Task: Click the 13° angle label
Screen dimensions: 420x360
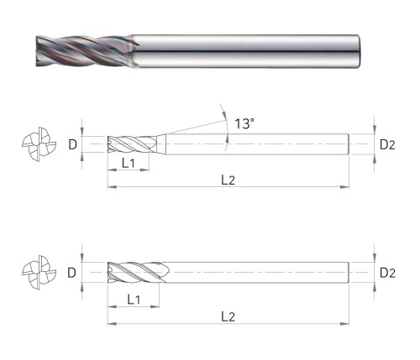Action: (x=244, y=123)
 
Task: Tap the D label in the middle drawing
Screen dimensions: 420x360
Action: (x=72, y=144)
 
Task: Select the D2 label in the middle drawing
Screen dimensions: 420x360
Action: (x=387, y=144)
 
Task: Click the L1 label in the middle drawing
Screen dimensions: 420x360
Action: (x=129, y=163)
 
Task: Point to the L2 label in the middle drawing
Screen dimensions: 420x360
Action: (x=228, y=180)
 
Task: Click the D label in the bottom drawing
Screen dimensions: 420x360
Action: (x=72, y=273)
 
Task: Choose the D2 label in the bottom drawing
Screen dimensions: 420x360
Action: (x=387, y=273)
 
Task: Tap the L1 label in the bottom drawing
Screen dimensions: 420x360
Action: (x=134, y=300)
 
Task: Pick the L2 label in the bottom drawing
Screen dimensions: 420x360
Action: (x=228, y=317)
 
